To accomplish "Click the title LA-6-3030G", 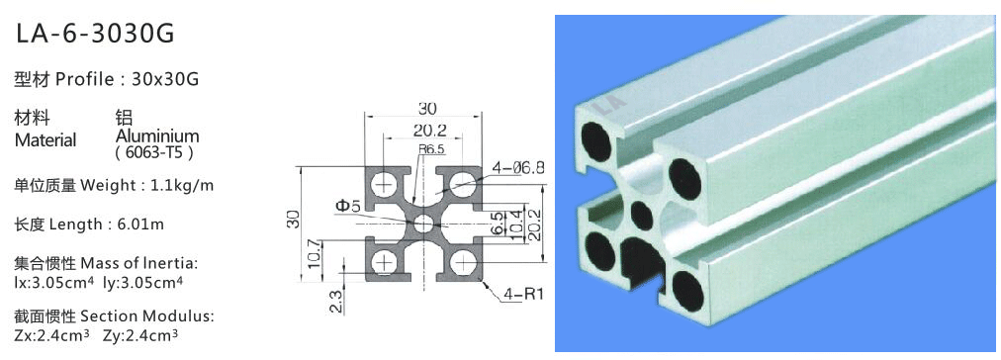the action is coord(95,34).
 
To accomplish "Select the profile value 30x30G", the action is coord(165,80).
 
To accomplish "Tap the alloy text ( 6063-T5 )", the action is coord(154,153).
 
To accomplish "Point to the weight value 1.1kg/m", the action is coord(182,186).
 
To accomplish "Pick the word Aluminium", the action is coord(157,135).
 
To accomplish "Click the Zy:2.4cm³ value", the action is coord(139,334).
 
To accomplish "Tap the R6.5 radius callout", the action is coord(431,149).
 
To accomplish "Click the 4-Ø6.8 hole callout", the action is coord(517,168).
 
